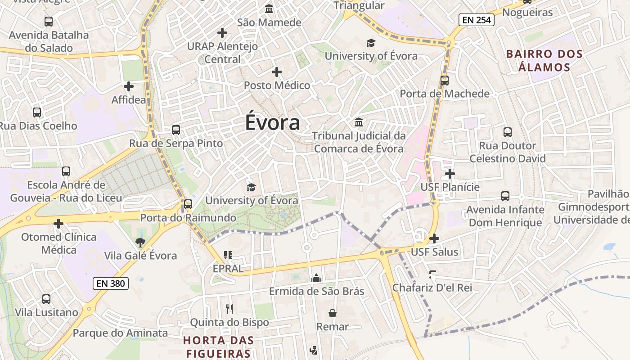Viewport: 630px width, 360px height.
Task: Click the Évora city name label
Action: [273, 123]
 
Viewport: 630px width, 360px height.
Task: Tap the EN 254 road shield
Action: [477, 20]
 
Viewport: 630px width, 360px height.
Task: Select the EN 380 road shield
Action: [111, 283]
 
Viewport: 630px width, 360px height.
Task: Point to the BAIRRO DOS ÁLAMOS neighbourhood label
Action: [544, 61]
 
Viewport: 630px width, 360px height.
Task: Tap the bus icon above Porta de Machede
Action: [445, 81]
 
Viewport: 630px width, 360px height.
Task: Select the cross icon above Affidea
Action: [129, 86]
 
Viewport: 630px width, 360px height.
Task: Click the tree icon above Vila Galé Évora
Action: [140, 243]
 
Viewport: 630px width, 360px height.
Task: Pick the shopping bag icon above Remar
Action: [333, 313]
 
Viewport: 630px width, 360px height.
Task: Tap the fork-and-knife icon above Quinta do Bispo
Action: [229, 309]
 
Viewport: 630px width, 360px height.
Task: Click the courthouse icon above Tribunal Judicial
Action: [359, 122]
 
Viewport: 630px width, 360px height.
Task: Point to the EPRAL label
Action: [228, 269]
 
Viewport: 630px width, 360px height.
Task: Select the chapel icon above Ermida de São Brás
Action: [316, 278]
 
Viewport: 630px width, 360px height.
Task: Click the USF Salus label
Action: [435, 252]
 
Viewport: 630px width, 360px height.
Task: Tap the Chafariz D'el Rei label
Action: [432, 288]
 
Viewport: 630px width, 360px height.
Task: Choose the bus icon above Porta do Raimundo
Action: [188, 204]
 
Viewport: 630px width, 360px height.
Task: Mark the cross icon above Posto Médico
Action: [277, 72]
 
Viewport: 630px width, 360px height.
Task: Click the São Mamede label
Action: [269, 22]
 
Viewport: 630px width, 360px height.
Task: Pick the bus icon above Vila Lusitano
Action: [46, 299]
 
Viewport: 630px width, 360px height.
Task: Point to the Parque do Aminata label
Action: [120, 333]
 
